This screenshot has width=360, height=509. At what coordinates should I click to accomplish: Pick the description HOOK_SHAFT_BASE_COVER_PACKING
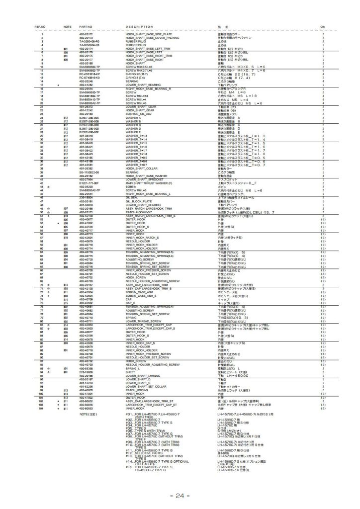[149, 37]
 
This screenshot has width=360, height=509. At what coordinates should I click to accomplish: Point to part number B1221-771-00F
[88, 183]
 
